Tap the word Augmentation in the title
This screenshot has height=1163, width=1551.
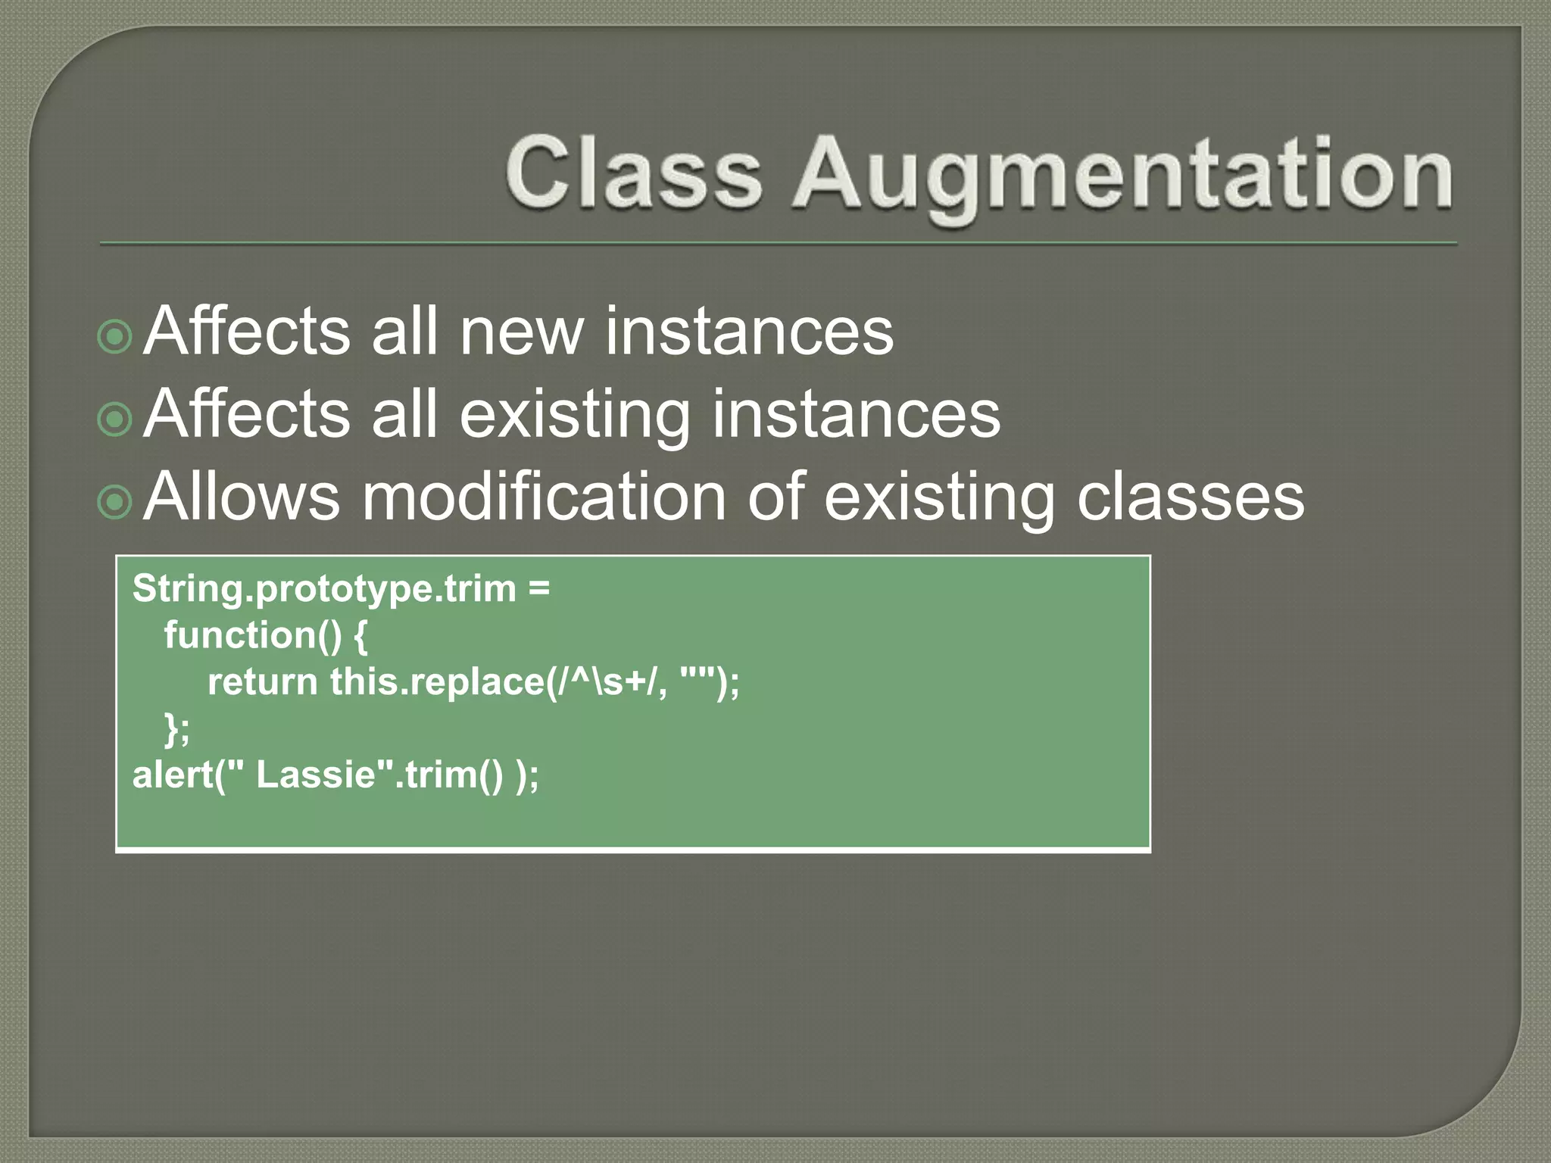tap(1123, 175)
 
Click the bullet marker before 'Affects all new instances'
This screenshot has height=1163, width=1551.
tap(115, 335)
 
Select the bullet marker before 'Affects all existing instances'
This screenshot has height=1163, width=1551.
tap(115, 418)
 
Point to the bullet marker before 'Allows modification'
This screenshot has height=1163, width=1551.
tap(115, 500)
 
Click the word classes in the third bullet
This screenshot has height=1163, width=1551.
tap(1190, 498)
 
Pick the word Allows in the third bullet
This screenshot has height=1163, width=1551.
tap(242, 497)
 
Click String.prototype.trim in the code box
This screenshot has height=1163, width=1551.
tap(324, 589)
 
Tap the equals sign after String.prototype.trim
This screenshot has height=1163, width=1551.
tap(539, 589)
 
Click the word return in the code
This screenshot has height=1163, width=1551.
tap(262, 681)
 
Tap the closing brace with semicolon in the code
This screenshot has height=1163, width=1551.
tap(177, 728)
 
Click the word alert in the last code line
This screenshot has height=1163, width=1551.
tap(172, 775)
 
